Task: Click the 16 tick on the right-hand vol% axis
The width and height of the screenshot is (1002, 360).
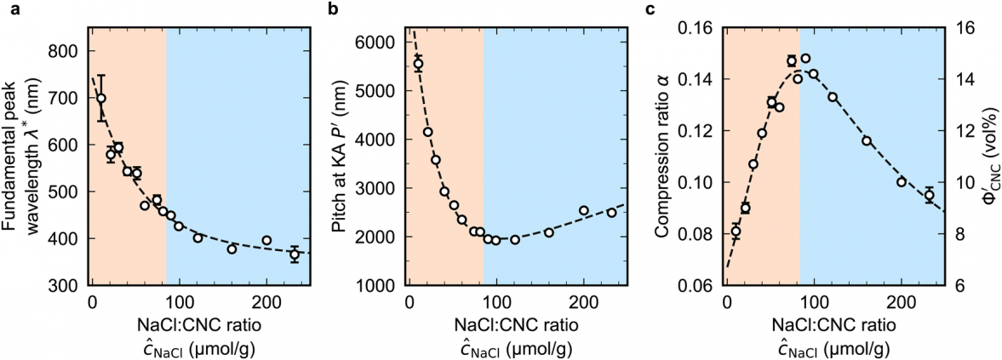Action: (960, 27)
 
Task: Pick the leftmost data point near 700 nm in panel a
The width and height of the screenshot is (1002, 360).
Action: (101, 98)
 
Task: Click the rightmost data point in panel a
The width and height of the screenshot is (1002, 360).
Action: (295, 254)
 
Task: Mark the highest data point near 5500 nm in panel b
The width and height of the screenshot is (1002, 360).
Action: (418, 64)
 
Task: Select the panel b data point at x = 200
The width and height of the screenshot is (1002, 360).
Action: (584, 210)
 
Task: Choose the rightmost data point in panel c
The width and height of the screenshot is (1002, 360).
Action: (930, 195)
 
